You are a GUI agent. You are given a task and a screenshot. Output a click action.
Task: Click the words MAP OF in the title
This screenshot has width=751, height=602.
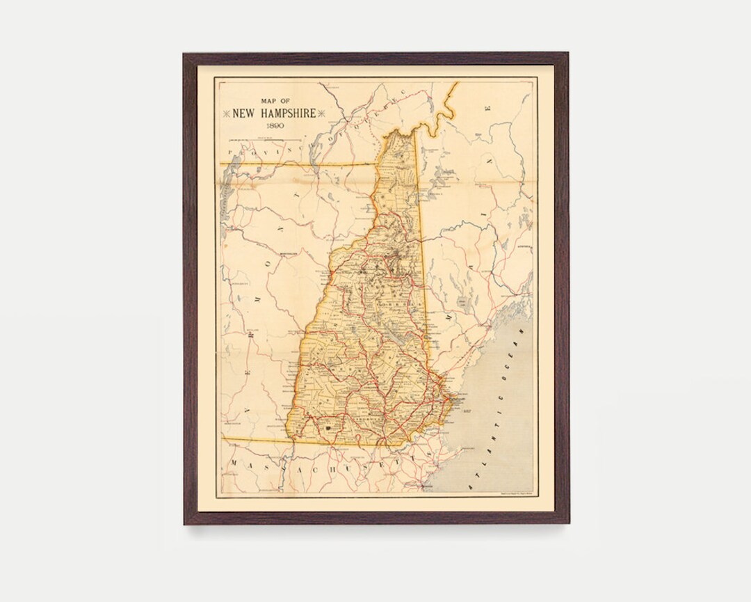(x=274, y=101)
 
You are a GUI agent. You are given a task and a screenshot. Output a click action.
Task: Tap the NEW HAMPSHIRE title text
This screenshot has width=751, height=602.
(x=274, y=113)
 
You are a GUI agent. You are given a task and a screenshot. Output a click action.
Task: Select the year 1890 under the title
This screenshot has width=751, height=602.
(x=274, y=126)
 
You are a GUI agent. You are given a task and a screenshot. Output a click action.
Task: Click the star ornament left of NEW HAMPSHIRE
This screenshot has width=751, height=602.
(x=226, y=113)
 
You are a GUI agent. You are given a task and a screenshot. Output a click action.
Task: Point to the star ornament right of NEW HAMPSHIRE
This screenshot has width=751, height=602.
(x=321, y=113)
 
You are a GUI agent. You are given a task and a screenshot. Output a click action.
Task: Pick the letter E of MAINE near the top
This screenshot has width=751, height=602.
(x=489, y=109)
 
